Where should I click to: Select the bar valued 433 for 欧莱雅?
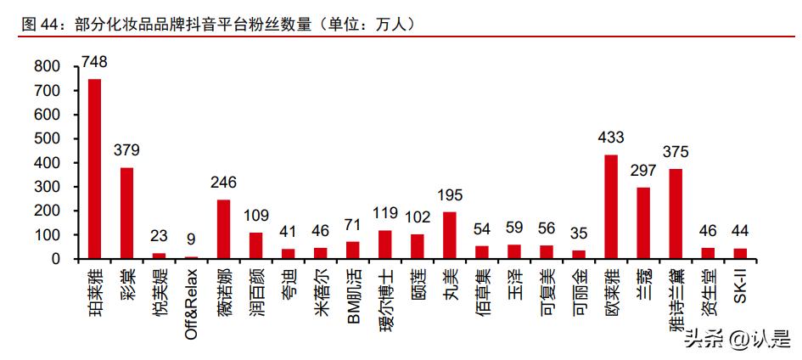tap(611, 206)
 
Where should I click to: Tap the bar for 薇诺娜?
tap(224, 229)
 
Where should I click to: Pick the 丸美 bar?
tap(450, 235)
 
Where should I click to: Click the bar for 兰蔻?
tap(643, 222)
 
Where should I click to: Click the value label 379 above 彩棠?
tap(127, 150)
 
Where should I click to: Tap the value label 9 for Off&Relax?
tap(192, 240)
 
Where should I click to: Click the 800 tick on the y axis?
tap(48, 66)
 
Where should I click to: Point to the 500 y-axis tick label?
tap(48, 138)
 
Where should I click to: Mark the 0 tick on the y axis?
tap(57, 258)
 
